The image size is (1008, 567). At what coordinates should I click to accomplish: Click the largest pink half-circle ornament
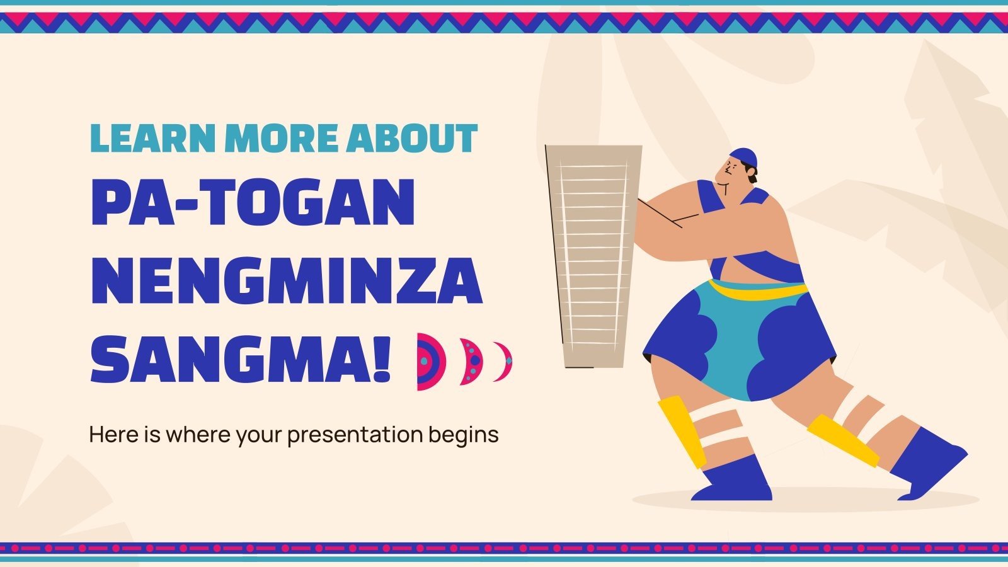click(x=428, y=362)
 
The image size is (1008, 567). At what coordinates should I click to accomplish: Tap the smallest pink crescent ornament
click(x=504, y=362)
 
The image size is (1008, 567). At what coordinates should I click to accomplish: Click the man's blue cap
click(x=743, y=156)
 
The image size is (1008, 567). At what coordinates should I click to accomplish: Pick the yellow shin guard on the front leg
click(x=682, y=432)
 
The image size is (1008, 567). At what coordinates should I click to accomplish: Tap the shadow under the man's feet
click(x=806, y=501)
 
